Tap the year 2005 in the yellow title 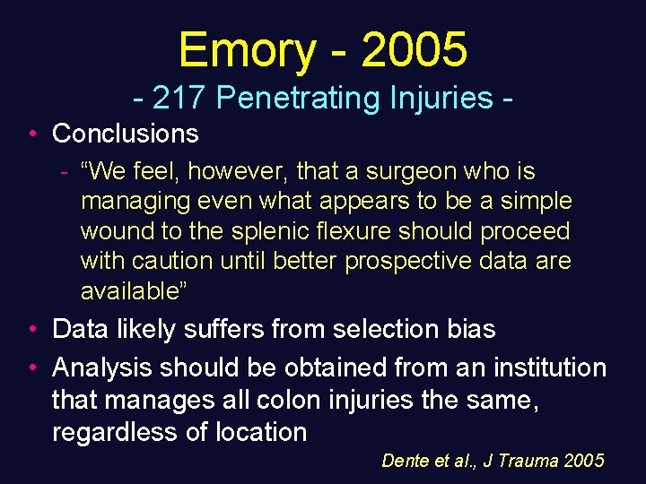pyautogui.click(x=414, y=49)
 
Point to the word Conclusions pyautogui.click(x=126, y=134)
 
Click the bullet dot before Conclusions pyautogui.click(x=31, y=134)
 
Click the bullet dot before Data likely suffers pyautogui.click(x=31, y=330)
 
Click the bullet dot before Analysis pyautogui.click(x=31, y=368)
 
